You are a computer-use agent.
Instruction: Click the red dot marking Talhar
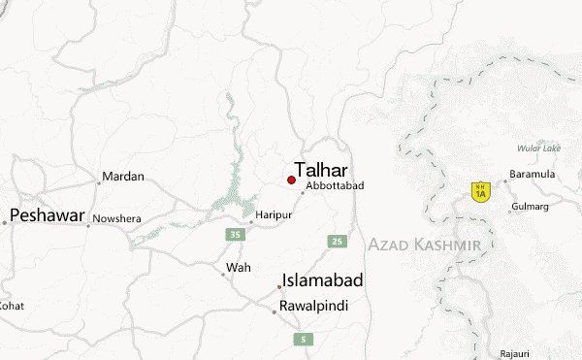point(291,180)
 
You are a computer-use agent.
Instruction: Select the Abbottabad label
point(334,185)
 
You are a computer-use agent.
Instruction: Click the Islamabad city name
point(323,281)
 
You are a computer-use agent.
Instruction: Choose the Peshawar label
point(48,214)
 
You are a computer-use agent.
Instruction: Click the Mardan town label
point(124,177)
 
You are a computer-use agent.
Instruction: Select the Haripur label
point(273,213)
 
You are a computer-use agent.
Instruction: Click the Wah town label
point(238,267)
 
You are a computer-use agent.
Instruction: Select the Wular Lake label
point(538,148)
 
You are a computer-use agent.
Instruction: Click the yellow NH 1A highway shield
point(479,191)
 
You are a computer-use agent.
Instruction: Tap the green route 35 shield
point(236,235)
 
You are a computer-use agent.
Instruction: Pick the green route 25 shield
point(337,241)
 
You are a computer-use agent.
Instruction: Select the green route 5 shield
point(304,339)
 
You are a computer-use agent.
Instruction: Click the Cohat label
point(12,305)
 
